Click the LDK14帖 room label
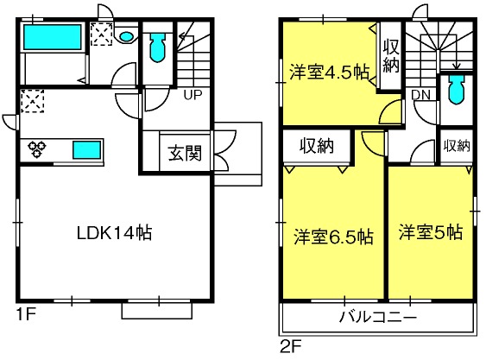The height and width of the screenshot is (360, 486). click(x=114, y=232)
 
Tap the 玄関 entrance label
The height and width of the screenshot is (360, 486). click(x=185, y=153)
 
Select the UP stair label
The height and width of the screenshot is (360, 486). click(x=193, y=95)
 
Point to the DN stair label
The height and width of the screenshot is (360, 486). click(x=420, y=95)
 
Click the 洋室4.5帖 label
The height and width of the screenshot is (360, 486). click(x=329, y=73)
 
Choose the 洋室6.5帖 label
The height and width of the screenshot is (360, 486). click(x=333, y=237)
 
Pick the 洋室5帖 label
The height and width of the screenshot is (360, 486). click(x=431, y=232)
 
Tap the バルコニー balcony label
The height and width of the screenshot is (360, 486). click(x=378, y=317)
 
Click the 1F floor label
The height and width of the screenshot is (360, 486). click(x=26, y=314)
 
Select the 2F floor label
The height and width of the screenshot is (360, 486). click(x=290, y=346)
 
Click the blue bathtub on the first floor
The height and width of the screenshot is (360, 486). click(x=52, y=37)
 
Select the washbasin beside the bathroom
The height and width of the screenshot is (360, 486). click(x=126, y=36)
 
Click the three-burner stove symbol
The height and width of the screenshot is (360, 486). click(x=37, y=148)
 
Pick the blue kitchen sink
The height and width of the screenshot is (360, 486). click(x=87, y=150)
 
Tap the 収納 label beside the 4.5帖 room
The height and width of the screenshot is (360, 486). click(x=390, y=56)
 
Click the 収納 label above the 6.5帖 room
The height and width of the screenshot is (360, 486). click(x=317, y=145)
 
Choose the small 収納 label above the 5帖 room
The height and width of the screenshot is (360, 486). click(x=457, y=145)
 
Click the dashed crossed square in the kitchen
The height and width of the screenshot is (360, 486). click(x=33, y=101)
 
